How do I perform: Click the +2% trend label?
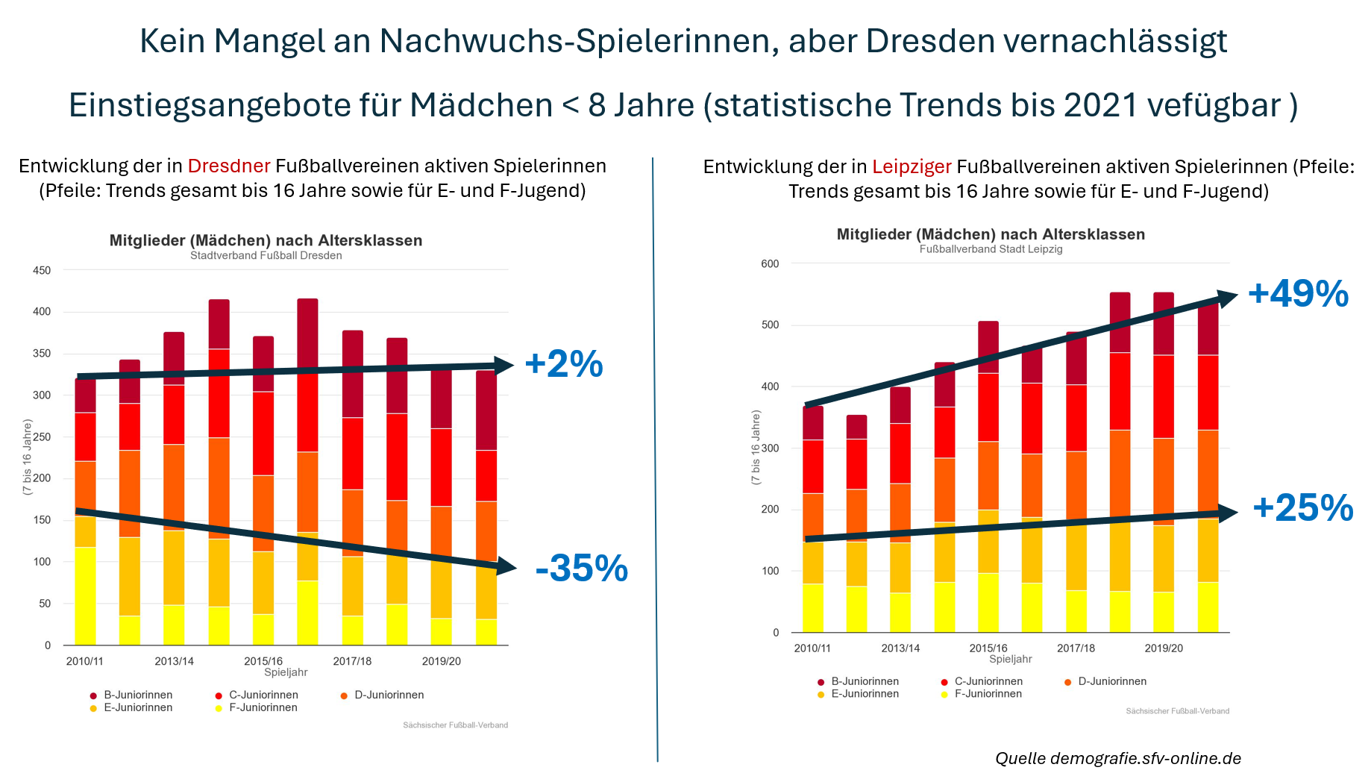pyautogui.click(x=564, y=364)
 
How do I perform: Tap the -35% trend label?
pyautogui.click(x=582, y=569)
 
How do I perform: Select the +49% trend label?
pyautogui.click(x=1298, y=293)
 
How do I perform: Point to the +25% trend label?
pyautogui.click(x=1302, y=508)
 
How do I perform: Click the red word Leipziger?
pyautogui.click(x=912, y=166)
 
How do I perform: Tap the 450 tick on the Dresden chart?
pyautogui.click(x=42, y=270)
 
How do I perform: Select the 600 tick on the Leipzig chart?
pyautogui.click(x=770, y=263)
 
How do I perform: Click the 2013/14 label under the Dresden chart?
pyautogui.click(x=174, y=661)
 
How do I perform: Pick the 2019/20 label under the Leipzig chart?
pyautogui.click(x=1164, y=648)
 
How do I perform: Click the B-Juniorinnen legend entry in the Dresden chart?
pyautogui.click(x=131, y=695)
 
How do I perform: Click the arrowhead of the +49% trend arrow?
pyautogui.click(x=1227, y=298)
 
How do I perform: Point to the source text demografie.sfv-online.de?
pyautogui.click(x=1146, y=758)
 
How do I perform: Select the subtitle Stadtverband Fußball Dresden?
pyautogui.click(x=266, y=255)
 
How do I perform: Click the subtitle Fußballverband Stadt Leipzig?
pyautogui.click(x=991, y=249)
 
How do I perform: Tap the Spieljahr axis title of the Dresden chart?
pyautogui.click(x=286, y=672)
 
